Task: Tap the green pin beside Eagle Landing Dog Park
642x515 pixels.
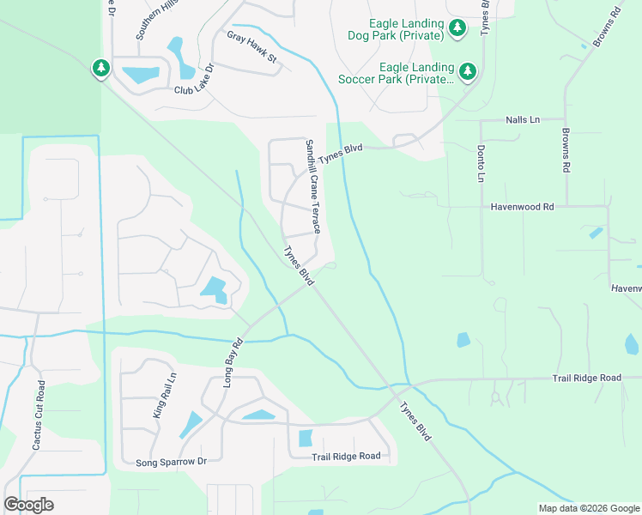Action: click(457, 29)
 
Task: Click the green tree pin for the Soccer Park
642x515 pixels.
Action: click(468, 72)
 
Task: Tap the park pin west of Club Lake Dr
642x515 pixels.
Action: click(101, 68)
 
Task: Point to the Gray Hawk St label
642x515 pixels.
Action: click(251, 47)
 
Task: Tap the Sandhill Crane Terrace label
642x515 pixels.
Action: click(313, 186)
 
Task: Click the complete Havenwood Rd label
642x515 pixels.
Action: click(523, 207)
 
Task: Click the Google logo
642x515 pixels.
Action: click(28, 505)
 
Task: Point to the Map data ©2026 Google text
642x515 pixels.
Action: click(589, 507)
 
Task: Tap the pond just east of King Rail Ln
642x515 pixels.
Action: click(191, 425)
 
